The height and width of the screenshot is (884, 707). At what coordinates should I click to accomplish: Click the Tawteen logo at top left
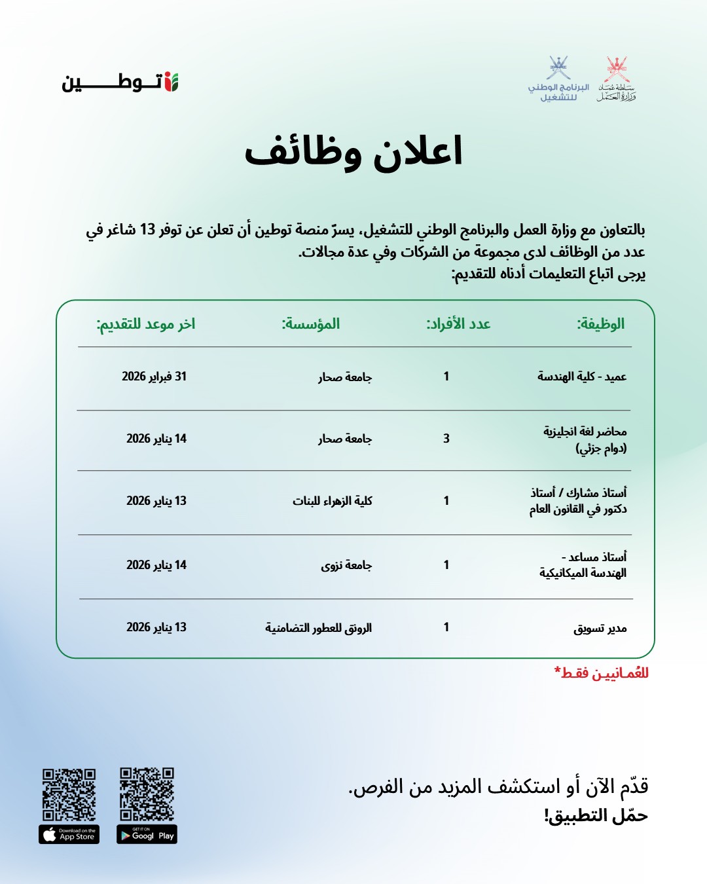point(120,83)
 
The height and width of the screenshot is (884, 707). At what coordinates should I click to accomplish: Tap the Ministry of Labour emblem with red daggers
point(616,79)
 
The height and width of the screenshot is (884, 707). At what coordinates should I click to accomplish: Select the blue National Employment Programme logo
point(558,79)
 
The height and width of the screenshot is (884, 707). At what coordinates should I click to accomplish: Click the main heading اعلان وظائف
point(353,152)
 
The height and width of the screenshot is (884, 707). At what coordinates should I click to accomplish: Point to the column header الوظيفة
point(600,324)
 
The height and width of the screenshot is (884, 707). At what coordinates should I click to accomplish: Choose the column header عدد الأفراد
point(458,324)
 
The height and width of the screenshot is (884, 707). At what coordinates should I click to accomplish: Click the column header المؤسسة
point(311,324)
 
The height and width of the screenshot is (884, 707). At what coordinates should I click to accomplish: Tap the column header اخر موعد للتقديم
point(146,324)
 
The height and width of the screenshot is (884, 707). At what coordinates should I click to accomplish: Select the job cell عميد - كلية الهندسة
point(582,377)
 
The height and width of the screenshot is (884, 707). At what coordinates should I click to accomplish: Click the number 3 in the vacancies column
point(446,439)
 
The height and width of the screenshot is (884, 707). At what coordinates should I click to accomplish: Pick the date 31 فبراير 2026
point(154,377)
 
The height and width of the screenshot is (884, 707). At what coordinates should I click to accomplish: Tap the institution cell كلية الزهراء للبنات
point(333,501)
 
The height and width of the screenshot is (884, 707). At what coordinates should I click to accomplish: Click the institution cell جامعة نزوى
point(346,565)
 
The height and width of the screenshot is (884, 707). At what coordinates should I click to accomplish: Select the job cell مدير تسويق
point(600,629)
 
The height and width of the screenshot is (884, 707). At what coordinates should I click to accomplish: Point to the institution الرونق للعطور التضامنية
point(318,628)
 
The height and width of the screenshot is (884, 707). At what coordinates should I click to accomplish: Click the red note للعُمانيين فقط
point(602,673)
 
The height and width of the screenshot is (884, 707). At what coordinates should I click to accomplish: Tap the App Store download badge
point(69,835)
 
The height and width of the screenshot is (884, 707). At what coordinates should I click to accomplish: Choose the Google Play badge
point(147,835)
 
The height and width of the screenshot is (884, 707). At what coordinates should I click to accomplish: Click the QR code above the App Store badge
point(69,794)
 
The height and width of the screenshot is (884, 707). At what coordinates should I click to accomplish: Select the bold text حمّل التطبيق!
point(596,816)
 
